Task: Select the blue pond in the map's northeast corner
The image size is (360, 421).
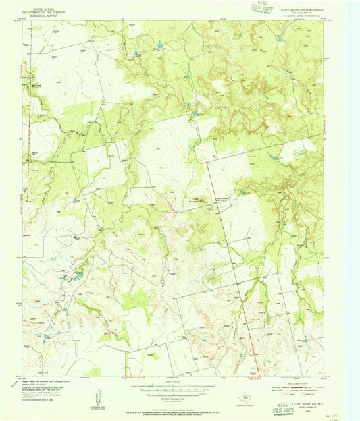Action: pyautogui.click(x=279, y=39)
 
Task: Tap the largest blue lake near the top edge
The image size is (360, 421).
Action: pyautogui.click(x=160, y=45)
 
